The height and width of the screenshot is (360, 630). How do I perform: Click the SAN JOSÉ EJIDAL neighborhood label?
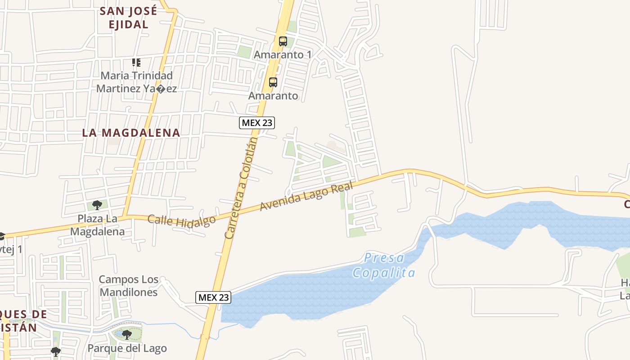(x=129, y=18)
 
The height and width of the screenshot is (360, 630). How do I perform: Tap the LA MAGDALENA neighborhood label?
(x=131, y=133)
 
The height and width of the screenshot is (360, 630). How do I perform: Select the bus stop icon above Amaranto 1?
(x=283, y=41)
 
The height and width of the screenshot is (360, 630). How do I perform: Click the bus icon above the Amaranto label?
(x=273, y=82)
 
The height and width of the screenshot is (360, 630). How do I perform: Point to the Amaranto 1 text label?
(x=283, y=55)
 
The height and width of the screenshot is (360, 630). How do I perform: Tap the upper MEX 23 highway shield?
(x=256, y=122)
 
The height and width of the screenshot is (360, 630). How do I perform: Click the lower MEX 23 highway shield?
(x=213, y=297)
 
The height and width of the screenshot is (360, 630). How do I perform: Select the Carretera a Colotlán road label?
(x=241, y=188)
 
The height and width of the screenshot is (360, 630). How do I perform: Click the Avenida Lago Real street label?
(x=306, y=197)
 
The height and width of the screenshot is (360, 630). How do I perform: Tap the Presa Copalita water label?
(x=384, y=265)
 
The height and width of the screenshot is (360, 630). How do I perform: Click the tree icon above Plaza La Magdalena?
(x=97, y=206)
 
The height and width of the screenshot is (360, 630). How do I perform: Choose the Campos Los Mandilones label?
(x=129, y=286)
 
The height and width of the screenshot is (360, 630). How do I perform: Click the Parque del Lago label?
(x=127, y=348)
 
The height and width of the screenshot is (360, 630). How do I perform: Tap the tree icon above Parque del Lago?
(x=127, y=335)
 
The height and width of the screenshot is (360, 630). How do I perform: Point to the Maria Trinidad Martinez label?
(x=136, y=82)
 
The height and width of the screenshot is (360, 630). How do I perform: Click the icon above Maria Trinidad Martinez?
(x=136, y=63)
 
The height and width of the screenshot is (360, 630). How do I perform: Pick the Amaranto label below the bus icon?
(x=273, y=96)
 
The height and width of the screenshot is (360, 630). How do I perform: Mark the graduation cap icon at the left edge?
(x=2, y=236)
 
